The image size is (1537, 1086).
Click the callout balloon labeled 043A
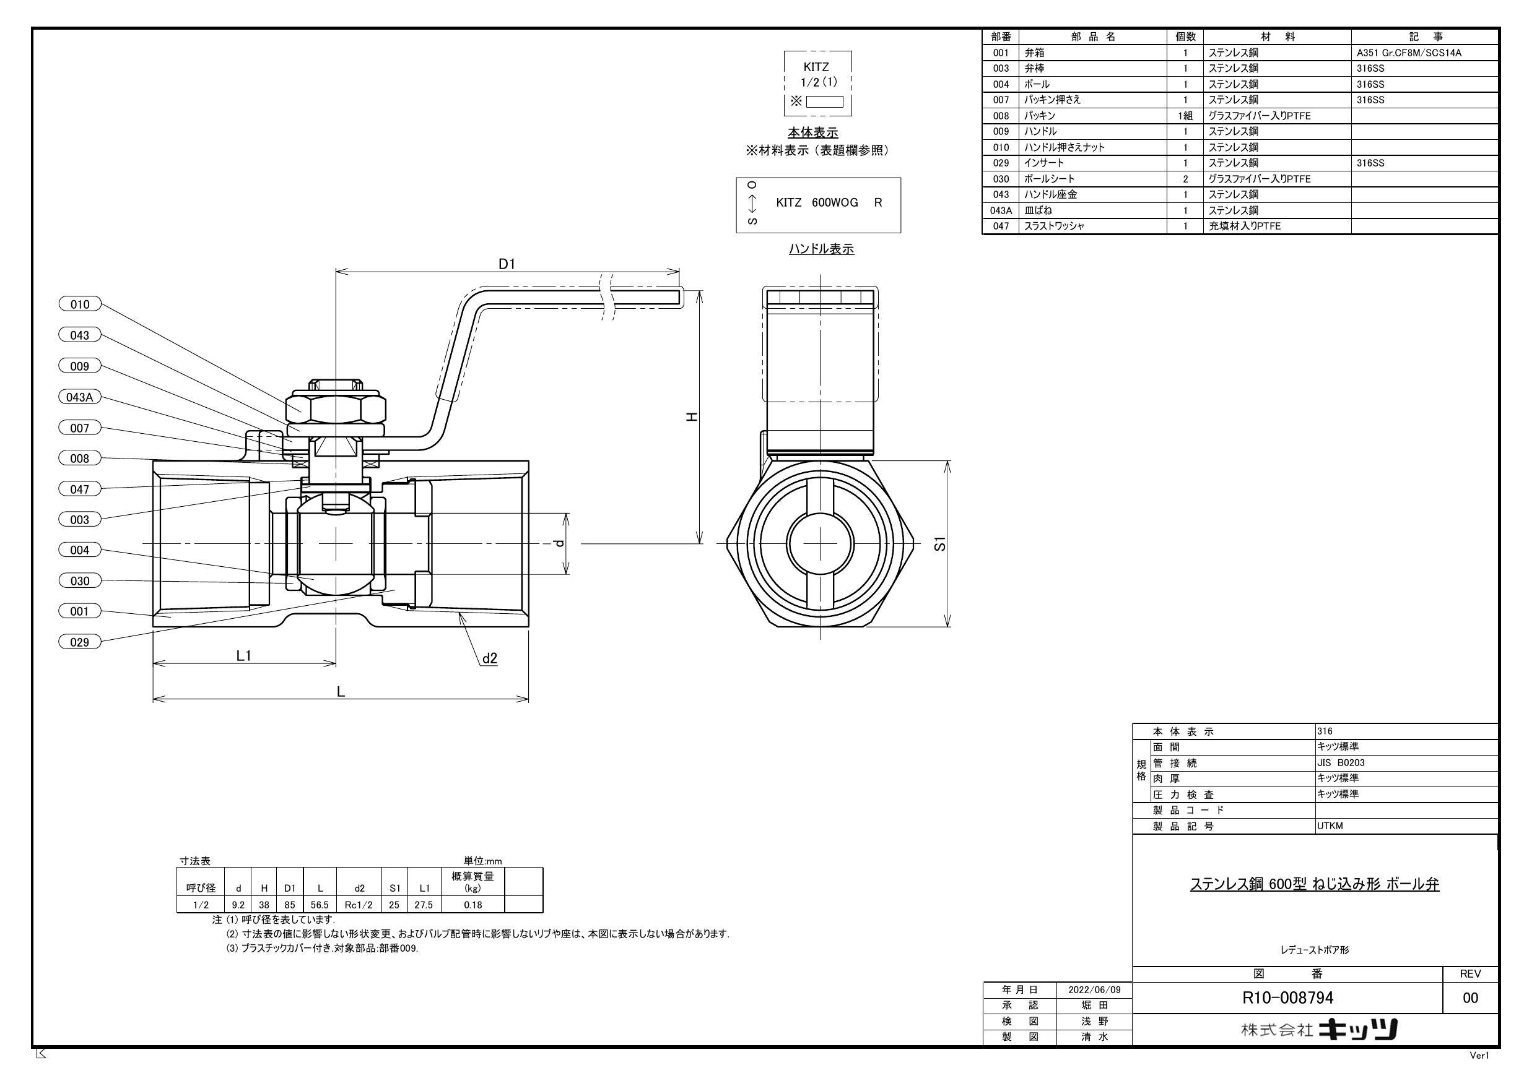click(79, 397)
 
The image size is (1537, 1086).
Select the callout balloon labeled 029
click(79, 642)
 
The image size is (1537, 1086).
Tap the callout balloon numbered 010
click(79, 304)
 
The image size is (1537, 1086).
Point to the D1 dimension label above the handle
click(507, 264)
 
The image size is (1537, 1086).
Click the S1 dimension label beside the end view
click(941, 543)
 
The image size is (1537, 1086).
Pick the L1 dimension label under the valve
click(243, 656)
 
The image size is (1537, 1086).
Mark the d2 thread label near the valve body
click(489, 658)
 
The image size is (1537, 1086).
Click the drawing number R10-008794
click(1287, 998)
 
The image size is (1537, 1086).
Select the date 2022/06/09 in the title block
click(1094, 989)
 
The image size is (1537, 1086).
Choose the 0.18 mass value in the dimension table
click(472, 905)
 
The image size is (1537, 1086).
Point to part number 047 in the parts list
click(1000, 226)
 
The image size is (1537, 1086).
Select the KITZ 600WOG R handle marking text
click(828, 203)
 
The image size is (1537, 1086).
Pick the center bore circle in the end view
click(820, 543)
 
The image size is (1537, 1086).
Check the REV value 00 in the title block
click(1470, 998)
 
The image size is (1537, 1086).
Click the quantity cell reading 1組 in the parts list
click(1184, 116)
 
